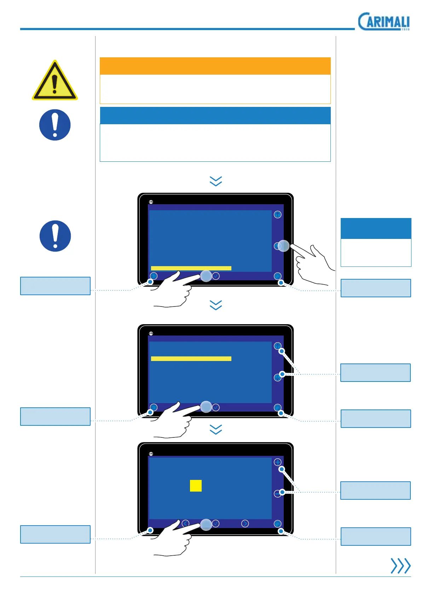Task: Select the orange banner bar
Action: pos(215,66)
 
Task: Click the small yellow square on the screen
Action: pos(196,486)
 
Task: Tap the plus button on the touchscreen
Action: pos(278,462)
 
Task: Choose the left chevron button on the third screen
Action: pos(185,523)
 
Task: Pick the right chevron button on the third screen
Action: pos(245,523)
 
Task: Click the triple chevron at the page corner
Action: pos(400,566)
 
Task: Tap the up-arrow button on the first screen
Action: pos(278,214)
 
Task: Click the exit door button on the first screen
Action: pos(154,276)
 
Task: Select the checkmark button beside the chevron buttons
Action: pos(216,523)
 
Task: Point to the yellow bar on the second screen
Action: pos(191,359)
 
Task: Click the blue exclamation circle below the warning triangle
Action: pos(55,125)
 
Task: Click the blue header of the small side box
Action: pos(376,228)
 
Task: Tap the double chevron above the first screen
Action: pos(216,181)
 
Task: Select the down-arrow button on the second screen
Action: pos(278,378)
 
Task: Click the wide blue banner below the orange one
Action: pos(215,116)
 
